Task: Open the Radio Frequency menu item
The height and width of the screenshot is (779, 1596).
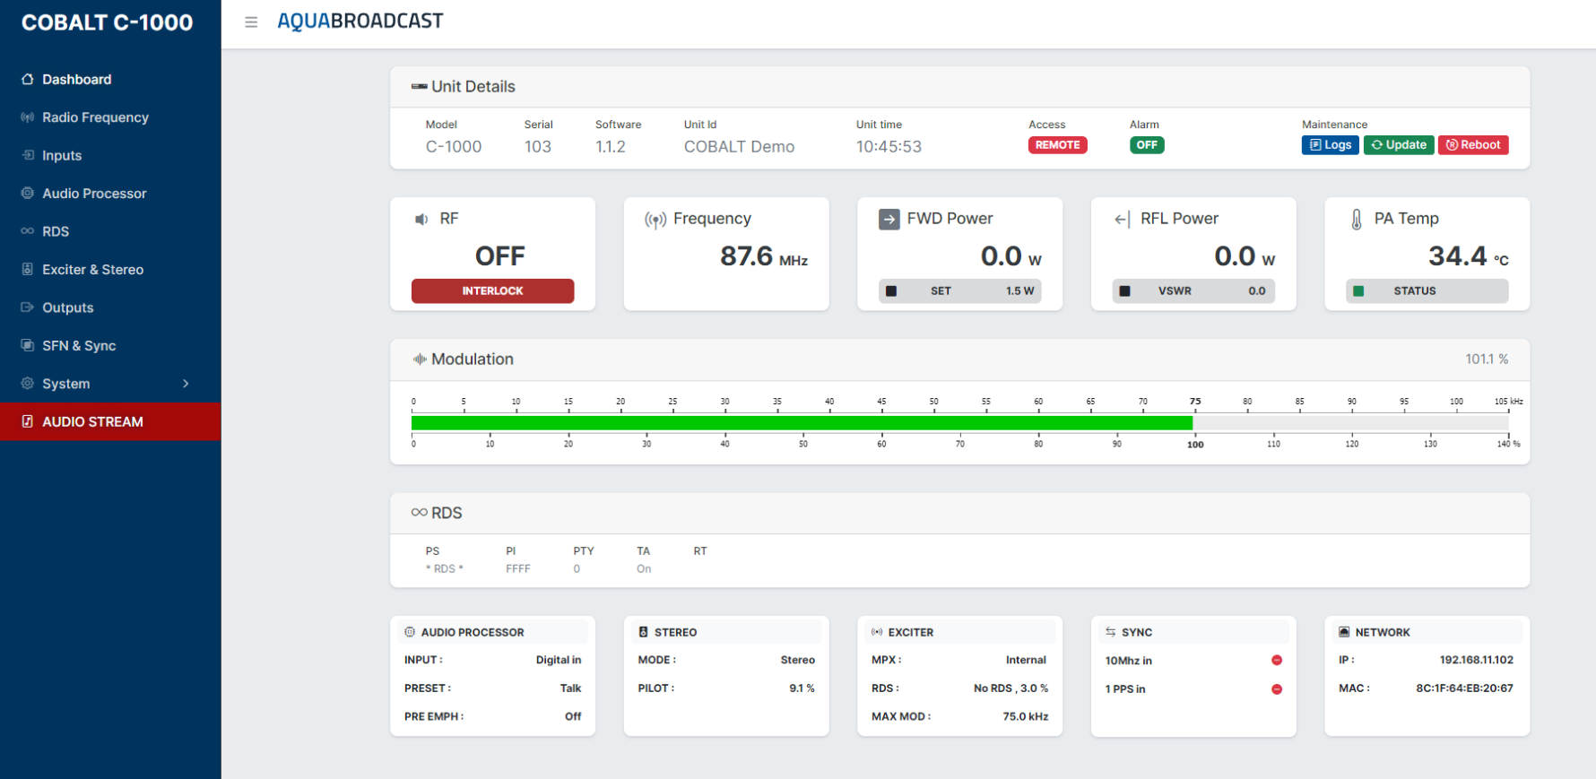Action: click(x=95, y=117)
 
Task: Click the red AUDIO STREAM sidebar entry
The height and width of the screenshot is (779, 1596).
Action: click(x=110, y=421)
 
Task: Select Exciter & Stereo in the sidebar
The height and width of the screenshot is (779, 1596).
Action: click(x=92, y=270)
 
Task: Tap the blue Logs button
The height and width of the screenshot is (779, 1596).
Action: click(x=1330, y=145)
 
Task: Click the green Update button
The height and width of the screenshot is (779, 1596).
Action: click(x=1399, y=145)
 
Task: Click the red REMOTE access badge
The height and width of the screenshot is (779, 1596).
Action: click(x=1057, y=145)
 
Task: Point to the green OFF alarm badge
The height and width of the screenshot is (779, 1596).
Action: click(x=1147, y=145)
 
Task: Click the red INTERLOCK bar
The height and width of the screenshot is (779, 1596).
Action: click(x=492, y=291)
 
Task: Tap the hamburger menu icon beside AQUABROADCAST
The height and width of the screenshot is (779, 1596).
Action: click(x=251, y=22)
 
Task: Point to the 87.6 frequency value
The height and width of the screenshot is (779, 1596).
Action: click(x=746, y=256)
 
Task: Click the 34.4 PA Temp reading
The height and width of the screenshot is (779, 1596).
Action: click(x=1458, y=256)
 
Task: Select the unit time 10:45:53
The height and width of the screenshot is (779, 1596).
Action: click(x=889, y=147)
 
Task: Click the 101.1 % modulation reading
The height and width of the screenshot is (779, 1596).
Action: click(x=1487, y=359)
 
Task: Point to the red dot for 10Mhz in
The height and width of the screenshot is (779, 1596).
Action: click(x=1277, y=661)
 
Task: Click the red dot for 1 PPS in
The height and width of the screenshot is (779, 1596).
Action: click(x=1277, y=689)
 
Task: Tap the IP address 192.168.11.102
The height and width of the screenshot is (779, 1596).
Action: click(x=1476, y=660)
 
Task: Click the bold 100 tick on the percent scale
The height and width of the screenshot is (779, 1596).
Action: click(x=1195, y=445)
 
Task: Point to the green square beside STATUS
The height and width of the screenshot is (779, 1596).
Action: click(x=1358, y=291)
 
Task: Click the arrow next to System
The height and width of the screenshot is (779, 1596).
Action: click(x=186, y=384)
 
